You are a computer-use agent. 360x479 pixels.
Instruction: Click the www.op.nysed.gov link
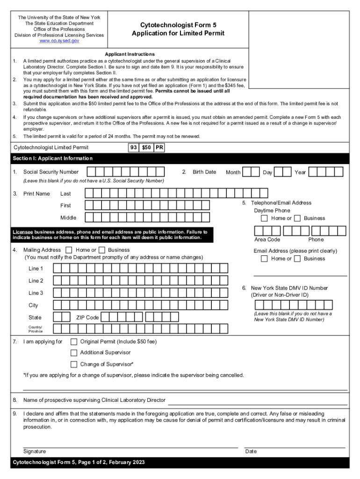pos(59,41)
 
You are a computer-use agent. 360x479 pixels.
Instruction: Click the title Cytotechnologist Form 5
pos(178,25)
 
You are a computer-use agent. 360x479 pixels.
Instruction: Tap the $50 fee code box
pos(146,147)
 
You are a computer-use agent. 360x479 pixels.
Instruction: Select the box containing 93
pos(133,147)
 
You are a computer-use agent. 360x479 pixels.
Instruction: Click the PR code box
pos(159,147)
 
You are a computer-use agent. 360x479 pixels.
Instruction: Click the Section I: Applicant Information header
pos(52,159)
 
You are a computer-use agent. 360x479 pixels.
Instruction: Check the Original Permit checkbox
pos(74,341)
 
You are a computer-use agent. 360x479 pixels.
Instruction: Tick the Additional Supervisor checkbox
pos(74,353)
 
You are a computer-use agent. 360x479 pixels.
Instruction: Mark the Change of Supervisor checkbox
pos(74,364)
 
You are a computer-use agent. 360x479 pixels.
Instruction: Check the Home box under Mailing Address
pos(69,250)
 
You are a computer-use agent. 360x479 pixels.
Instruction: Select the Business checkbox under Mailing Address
pos(102,250)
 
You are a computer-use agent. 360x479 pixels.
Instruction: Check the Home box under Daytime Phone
pos(265,218)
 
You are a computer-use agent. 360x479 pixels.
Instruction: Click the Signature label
pos(35,451)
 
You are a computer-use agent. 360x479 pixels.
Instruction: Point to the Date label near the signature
pos(251,451)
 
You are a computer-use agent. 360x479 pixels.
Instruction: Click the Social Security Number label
pos(51,172)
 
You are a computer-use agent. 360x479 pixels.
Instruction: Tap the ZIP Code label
pos(87,318)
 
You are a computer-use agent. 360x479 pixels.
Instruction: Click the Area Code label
pos(267,239)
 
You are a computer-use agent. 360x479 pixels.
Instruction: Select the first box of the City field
pos(58,305)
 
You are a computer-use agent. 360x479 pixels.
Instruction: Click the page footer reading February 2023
pos(78,463)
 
